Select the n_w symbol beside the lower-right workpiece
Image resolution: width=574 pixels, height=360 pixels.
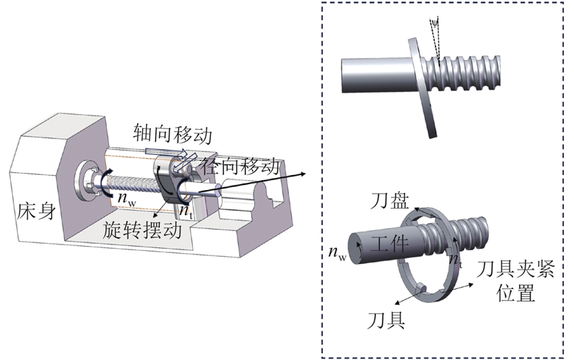click(x=337, y=252)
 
